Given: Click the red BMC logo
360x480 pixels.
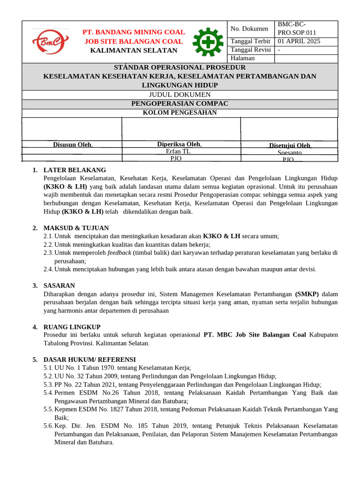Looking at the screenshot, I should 50,42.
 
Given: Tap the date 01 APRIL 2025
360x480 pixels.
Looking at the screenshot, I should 299,41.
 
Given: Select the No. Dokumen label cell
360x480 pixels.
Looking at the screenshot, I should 249,29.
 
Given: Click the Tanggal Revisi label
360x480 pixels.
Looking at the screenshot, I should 251,50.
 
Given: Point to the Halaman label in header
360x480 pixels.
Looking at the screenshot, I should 243,58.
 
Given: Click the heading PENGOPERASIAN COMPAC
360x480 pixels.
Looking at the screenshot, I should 180,104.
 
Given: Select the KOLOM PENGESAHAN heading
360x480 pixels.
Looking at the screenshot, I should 180,112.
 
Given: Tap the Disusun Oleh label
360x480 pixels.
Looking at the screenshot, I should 72,144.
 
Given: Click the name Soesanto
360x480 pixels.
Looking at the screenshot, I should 290,153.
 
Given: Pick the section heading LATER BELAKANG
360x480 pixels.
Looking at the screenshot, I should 75,170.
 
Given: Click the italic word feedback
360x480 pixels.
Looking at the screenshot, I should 119,253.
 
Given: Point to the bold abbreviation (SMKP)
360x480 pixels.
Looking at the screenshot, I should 307,294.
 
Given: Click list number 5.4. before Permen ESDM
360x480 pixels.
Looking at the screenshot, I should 48,392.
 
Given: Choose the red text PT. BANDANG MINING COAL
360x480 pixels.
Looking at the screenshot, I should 134,32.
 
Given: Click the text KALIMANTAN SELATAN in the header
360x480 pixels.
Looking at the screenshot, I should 134,50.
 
